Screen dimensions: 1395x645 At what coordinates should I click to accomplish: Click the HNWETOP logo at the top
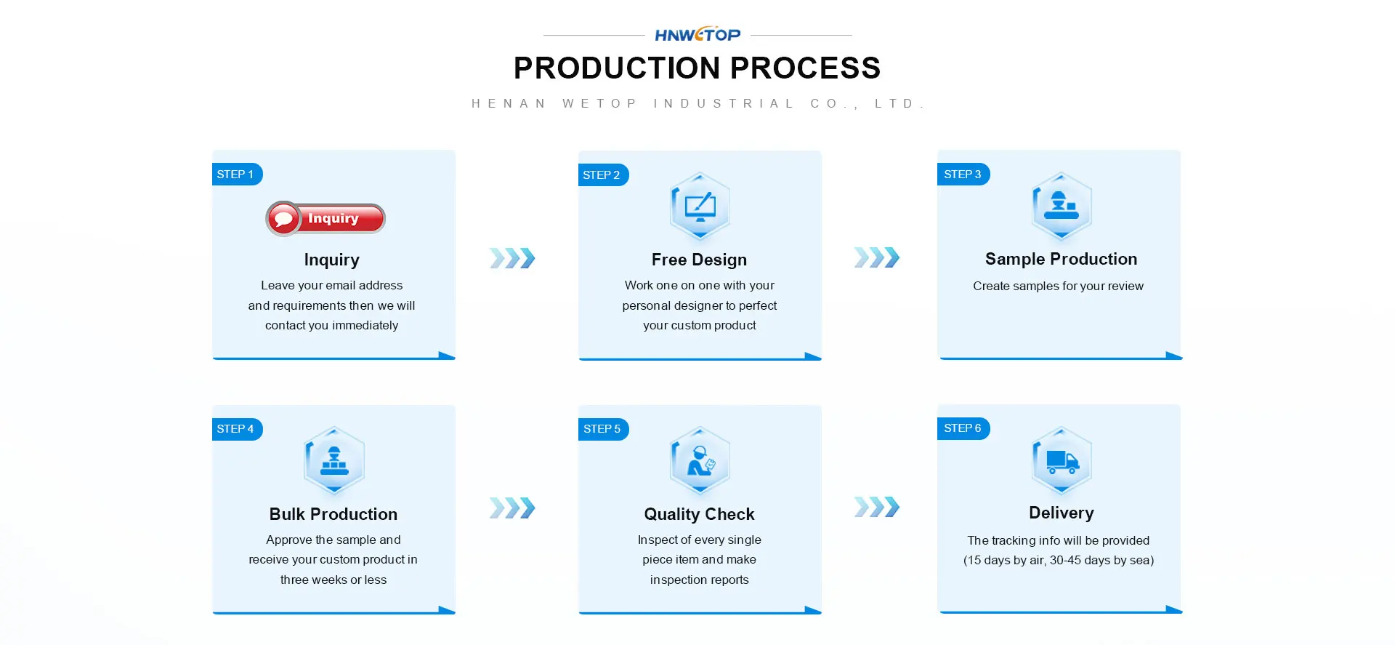point(697,34)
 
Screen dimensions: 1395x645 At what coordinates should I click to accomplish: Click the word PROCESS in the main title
point(805,68)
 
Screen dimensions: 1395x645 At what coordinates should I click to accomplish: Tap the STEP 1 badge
point(237,175)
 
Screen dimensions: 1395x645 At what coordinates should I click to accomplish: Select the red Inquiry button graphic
point(325,218)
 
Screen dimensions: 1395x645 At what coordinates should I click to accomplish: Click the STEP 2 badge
point(603,175)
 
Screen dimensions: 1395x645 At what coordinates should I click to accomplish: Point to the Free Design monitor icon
point(700,207)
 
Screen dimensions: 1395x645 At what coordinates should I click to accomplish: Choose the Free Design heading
point(699,260)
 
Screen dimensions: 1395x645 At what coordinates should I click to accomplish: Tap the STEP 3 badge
point(963,175)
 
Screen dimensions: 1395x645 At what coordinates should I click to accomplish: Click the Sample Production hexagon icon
point(1062,207)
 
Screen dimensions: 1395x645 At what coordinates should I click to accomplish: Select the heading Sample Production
point(1061,259)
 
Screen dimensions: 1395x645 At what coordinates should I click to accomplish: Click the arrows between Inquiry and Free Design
point(512,258)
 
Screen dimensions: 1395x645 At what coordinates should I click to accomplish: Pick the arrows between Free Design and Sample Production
point(877,257)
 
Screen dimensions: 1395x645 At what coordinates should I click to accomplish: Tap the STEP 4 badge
point(237,429)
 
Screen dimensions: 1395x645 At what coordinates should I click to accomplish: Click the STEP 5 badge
point(603,429)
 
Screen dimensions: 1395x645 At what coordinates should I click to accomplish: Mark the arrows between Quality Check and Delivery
point(877,507)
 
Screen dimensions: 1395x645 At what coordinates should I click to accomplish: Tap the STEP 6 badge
point(963,428)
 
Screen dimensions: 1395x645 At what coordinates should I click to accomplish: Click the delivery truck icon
point(1062,461)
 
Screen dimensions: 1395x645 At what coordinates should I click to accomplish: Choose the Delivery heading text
point(1061,513)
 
